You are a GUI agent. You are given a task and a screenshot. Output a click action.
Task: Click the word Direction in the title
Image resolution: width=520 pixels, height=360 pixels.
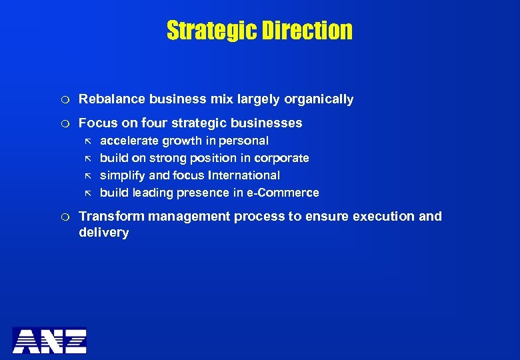click(309, 31)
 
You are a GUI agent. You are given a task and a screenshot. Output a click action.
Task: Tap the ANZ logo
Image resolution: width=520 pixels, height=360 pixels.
click(49, 340)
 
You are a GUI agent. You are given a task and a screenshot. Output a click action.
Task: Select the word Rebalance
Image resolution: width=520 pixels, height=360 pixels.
click(112, 99)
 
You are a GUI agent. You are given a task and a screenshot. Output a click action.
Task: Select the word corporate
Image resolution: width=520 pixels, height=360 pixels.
click(283, 158)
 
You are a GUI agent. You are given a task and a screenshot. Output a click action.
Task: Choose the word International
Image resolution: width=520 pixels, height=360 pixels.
click(245, 175)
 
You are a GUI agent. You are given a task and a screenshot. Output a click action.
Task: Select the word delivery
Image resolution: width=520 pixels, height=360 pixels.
click(103, 233)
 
